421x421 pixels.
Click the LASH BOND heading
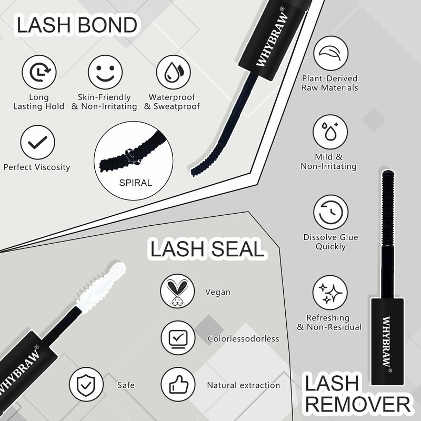tap(77, 25)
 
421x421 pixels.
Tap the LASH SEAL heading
tap(207, 248)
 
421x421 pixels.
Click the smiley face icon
tap(105, 72)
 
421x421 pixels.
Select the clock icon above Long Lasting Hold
tap(39, 72)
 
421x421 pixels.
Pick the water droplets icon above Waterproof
tap(174, 72)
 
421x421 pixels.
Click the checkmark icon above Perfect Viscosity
tap(37, 142)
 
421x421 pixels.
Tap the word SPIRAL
tap(136, 183)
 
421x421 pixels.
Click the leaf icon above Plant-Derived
tap(331, 53)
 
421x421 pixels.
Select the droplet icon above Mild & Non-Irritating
tap(330, 132)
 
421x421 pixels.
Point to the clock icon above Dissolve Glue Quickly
tap(331, 212)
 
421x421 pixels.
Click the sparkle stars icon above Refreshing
tap(330, 293)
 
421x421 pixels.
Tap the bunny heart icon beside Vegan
tap(177, 291)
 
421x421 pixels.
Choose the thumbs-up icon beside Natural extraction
tap(178, 384)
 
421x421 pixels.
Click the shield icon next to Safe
tap(86, 384)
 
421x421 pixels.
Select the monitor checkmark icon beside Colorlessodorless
tap(178, 338)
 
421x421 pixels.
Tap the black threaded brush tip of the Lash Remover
tap(388, 207)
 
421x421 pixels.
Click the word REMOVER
tap(358, 404)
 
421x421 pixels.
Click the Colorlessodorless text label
tap(243, 338)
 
